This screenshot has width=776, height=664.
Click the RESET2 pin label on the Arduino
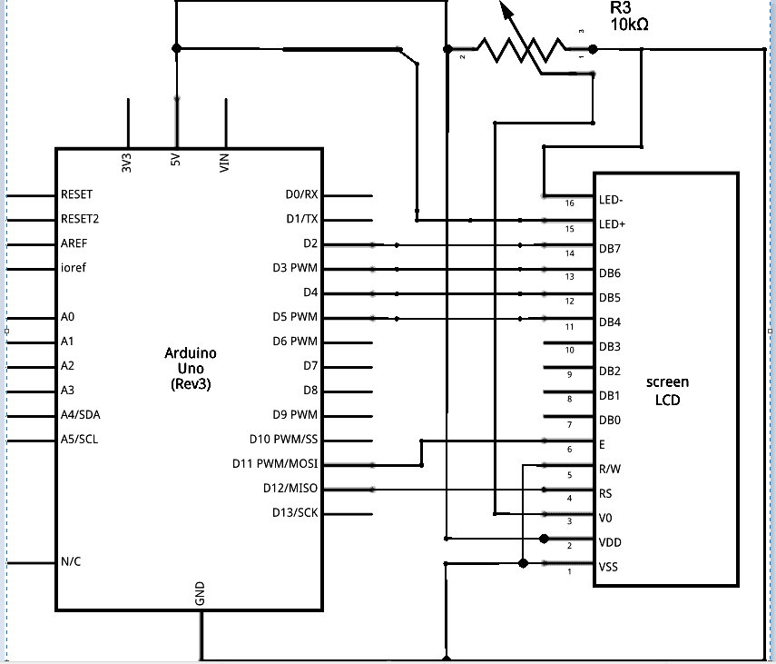point(80,219)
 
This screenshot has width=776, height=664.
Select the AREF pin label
point(74,243)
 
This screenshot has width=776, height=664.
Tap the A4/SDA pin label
point(80,414)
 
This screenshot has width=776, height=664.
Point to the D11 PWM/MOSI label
point(275,463)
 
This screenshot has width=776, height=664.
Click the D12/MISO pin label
point(290,488)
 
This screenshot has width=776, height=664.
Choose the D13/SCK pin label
point(295,512)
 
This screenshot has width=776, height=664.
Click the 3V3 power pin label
point(127,163)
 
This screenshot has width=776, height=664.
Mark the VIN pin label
point(224,163)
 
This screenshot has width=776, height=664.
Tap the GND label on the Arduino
point(200,594)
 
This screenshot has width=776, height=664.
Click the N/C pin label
point(71,561)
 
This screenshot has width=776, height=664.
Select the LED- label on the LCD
point(611,200)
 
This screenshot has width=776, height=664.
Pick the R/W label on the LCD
point(610,469)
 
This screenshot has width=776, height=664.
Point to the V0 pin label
point(605,518)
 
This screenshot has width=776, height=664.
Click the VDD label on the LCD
point(610,542)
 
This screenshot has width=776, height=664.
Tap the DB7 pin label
point(610,249)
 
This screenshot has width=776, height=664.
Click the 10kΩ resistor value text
point(629,25)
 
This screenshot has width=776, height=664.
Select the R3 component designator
point(620,7)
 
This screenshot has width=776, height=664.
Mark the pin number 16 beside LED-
point(570,203)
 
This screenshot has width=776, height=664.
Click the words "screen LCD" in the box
point(667,391)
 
